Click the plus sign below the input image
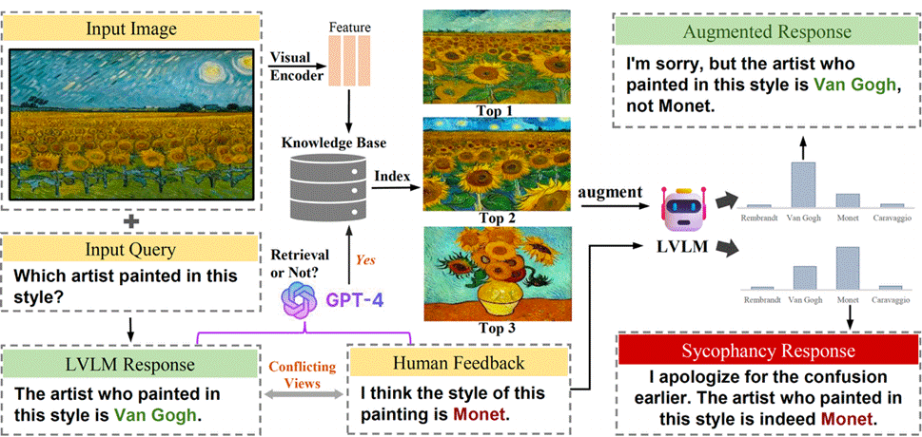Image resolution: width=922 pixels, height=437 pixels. click(x=130, y=220)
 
